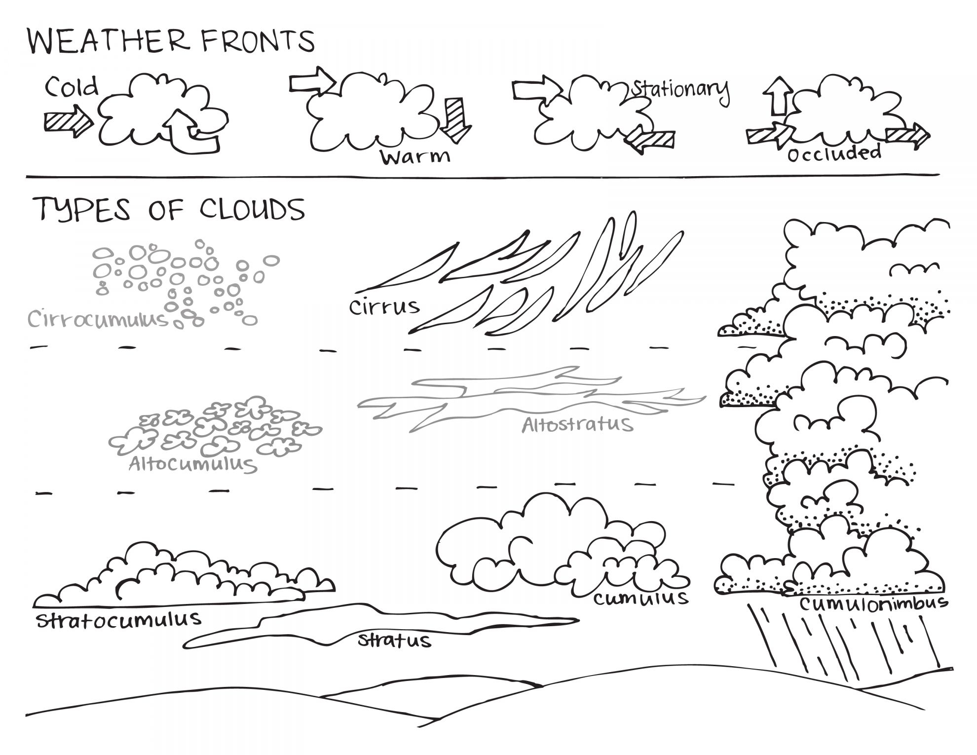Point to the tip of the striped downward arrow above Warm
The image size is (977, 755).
click(455, 144)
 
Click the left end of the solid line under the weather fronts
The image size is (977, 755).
click(26, 176)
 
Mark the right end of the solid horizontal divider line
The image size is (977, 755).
click(939, 174)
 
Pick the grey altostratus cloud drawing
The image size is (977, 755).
click(532, 399)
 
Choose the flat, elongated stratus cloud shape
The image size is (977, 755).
click(381, 625)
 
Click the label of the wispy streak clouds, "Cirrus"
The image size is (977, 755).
click(384, 307)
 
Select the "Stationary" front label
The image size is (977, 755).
click(681, 91)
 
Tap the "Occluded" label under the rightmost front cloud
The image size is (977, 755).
click(834, 153)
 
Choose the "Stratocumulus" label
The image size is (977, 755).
click(119, 620)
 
